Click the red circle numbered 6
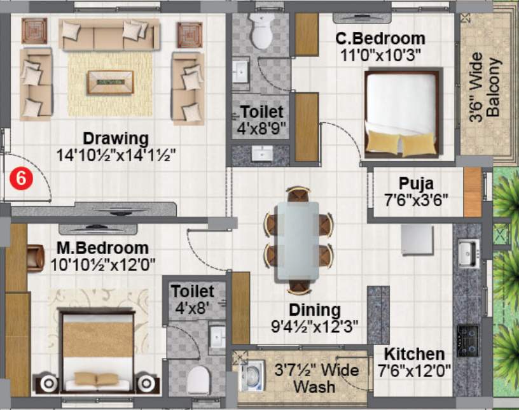21,179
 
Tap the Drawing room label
116,138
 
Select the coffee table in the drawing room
110,82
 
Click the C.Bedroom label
380,38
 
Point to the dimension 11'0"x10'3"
380,55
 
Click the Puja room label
416,183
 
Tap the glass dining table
298,241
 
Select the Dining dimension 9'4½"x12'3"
314,327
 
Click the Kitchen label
414,354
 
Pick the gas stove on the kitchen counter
468,341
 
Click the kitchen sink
469,253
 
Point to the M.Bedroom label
102,248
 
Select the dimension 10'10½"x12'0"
102,265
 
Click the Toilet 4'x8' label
192,300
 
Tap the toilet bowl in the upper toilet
261,31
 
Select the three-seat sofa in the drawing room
109,34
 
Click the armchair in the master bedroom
36,258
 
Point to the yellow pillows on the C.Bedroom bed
401,143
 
